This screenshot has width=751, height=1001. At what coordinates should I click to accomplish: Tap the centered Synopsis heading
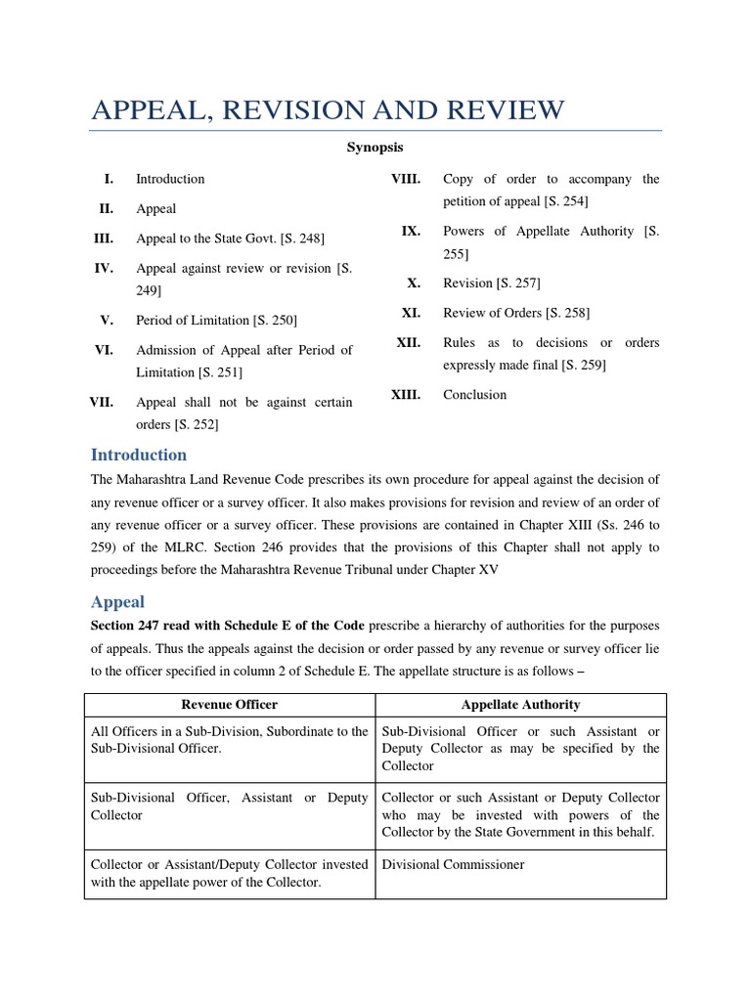pos(375,148)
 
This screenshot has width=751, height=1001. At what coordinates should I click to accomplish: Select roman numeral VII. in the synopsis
pos(102,402)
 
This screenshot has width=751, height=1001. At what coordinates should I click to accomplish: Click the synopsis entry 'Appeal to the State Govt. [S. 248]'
pos(230,238)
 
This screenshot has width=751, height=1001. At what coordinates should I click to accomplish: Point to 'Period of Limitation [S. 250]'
pos(216,320)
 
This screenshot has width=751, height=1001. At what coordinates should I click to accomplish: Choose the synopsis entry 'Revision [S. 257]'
pos(491,283)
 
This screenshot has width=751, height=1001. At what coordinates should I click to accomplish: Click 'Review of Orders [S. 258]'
pos(515,313)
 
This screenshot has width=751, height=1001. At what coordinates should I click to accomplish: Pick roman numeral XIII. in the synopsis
pos(405,394)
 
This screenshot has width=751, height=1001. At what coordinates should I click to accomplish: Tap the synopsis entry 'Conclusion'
pos(474,394)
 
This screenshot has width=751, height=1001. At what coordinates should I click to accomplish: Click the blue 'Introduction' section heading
pos(138,455)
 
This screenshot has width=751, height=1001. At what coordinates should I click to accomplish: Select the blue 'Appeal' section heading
pos(117,602)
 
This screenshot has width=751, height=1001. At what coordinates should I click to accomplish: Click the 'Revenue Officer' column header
pos(230,704)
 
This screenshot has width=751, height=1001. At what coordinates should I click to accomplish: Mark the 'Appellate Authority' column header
pos(520,704)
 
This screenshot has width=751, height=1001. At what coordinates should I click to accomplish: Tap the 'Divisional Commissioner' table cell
pos(453,864)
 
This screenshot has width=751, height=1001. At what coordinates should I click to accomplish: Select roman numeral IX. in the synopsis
pos(410,231)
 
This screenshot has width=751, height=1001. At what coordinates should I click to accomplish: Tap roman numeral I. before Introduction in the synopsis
pos(109,178)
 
